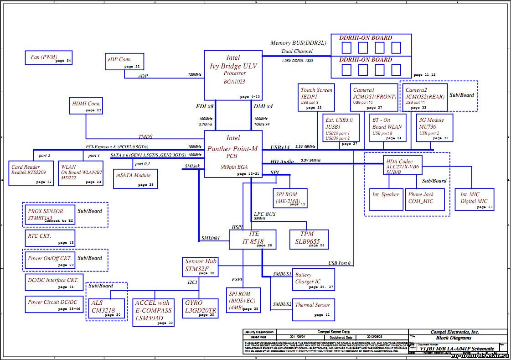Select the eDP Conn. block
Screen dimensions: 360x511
tap(124, 62)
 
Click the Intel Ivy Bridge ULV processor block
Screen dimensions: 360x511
tap(233, 75)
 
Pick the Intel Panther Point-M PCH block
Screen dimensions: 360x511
tap(233, 154)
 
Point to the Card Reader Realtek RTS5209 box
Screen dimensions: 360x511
tap(31, 173)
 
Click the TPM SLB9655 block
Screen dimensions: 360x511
tap(309, 240)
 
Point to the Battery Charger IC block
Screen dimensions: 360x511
tap(313, 279)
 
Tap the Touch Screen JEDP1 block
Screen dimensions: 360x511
tap(316, 97)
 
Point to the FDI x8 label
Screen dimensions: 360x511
tap(204, 106)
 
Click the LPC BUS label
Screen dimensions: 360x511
tap(265, 214)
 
